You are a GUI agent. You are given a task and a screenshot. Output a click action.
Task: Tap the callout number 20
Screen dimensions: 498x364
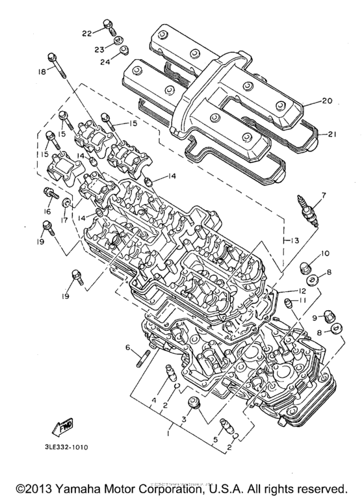[x=327, y=101]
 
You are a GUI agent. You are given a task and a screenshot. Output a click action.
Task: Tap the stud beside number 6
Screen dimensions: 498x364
[x=144, y=358]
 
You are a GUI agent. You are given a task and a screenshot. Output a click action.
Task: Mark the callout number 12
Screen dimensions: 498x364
[x=302, y=291]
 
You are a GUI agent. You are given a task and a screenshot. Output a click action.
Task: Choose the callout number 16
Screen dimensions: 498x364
[x=46, y=212]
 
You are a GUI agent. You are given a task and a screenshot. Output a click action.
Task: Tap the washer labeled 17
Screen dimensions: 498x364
[x=67, y=207]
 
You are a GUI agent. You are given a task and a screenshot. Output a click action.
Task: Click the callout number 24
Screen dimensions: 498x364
[x=105, y=63]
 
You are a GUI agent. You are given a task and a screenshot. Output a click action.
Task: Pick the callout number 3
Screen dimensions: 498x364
[x=185, y=420]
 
